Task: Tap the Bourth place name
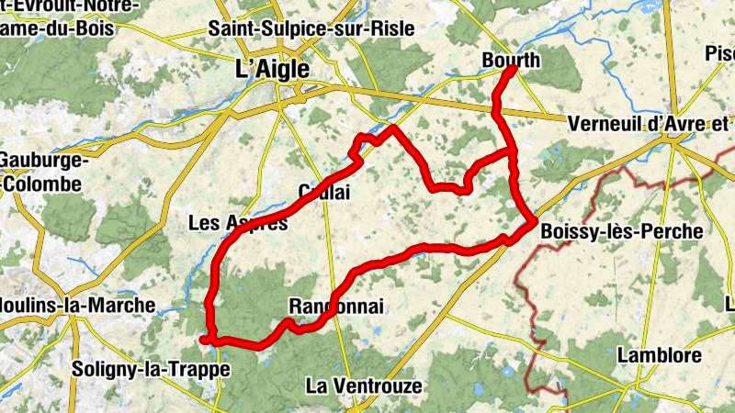coord(512,61)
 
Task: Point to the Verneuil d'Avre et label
coord(648,123)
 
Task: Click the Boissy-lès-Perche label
coord(622,232)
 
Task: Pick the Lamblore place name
coord(660,354)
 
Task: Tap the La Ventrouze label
coord(365,385)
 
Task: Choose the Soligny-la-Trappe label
coord(149,370)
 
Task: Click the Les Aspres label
coord(237,222)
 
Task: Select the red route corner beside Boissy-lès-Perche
coord(533,221)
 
